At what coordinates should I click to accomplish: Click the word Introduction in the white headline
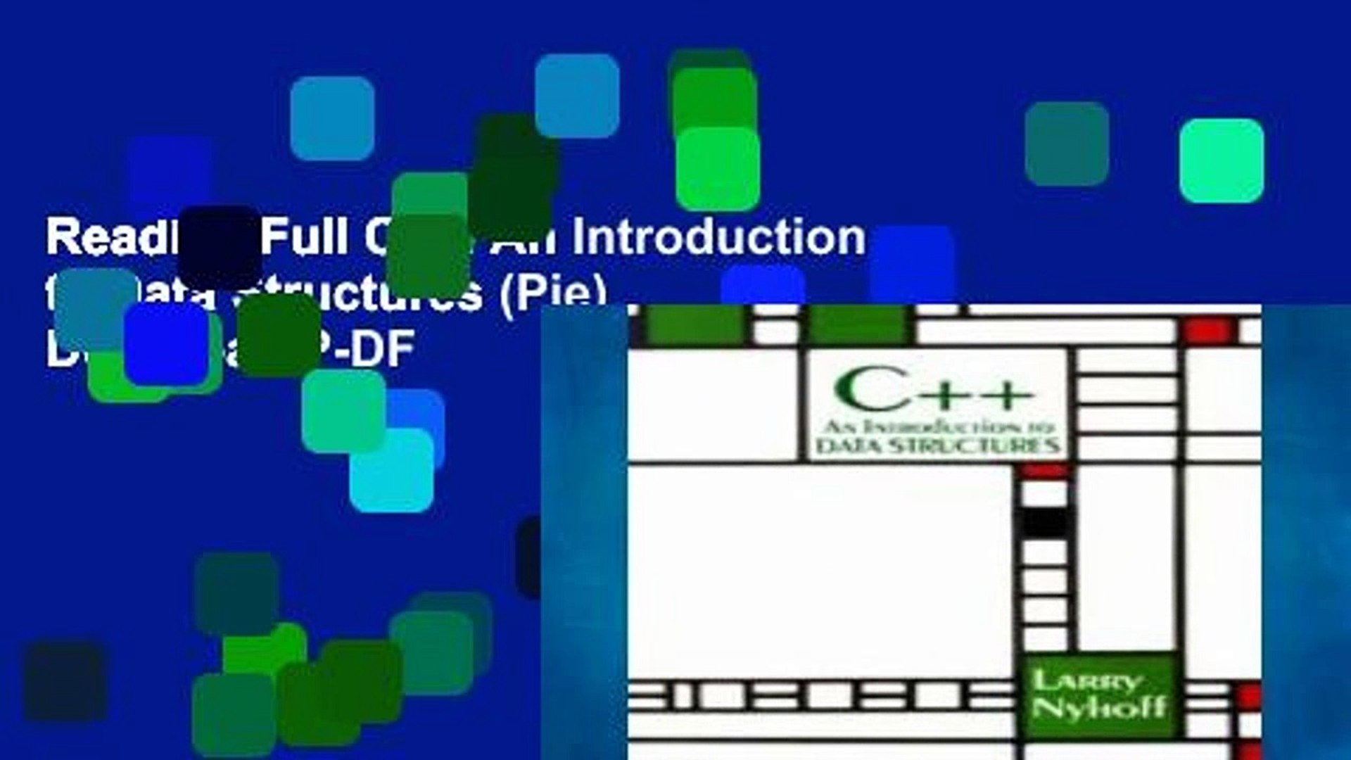click(718, 237)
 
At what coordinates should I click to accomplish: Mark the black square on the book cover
click(1044, 522)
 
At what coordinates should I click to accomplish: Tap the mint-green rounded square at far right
click(1222, 160)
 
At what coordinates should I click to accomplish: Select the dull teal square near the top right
click(1067, 144)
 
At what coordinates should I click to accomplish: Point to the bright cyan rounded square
click(391, 470)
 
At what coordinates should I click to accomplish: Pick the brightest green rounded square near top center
click(718, 169)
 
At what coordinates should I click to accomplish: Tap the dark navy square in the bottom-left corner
click(65, 680)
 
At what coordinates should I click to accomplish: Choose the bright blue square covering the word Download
click(166, 343)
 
